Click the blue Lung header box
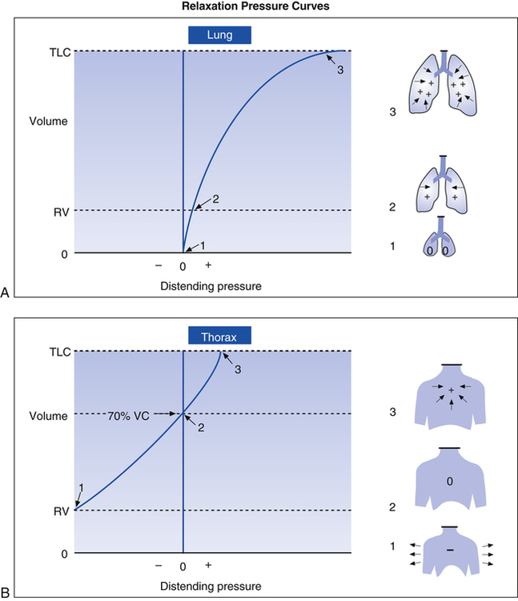click(220, 34)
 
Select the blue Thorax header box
click(220, 335)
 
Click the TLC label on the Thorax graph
click(59, 352)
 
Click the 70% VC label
click(131, 413)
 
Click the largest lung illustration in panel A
click(443, 86)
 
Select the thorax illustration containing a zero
click(450, 478)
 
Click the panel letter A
click(6, 294)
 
